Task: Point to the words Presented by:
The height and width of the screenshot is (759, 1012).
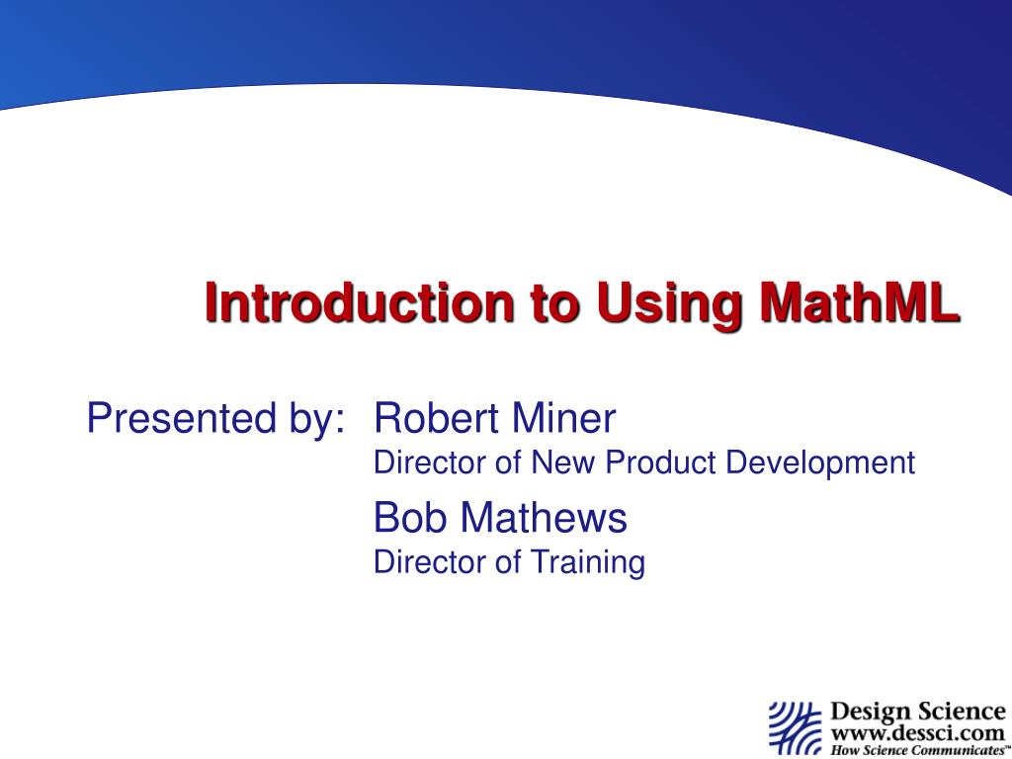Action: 215,419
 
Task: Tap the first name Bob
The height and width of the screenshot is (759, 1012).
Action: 408,517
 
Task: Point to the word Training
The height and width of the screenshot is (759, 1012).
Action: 588,563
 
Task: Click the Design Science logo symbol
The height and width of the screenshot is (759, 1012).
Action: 795,726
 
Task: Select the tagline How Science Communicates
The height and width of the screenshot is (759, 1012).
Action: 915,750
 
